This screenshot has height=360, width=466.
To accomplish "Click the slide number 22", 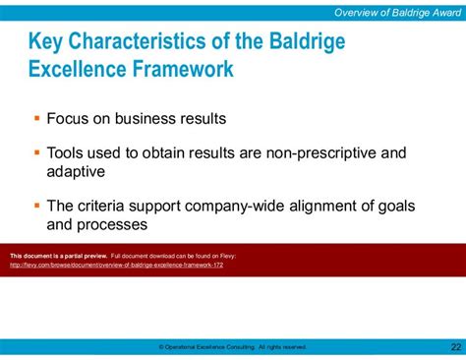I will pos(454,346).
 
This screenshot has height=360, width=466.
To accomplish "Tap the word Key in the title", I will pos(48,44).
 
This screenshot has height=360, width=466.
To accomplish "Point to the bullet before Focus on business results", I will pos(36,119).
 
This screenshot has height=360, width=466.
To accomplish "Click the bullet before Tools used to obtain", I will pos(36,152).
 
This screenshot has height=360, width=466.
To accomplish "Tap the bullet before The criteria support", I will pos(36,205).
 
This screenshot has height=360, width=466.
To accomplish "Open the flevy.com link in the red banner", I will pos(116,265).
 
